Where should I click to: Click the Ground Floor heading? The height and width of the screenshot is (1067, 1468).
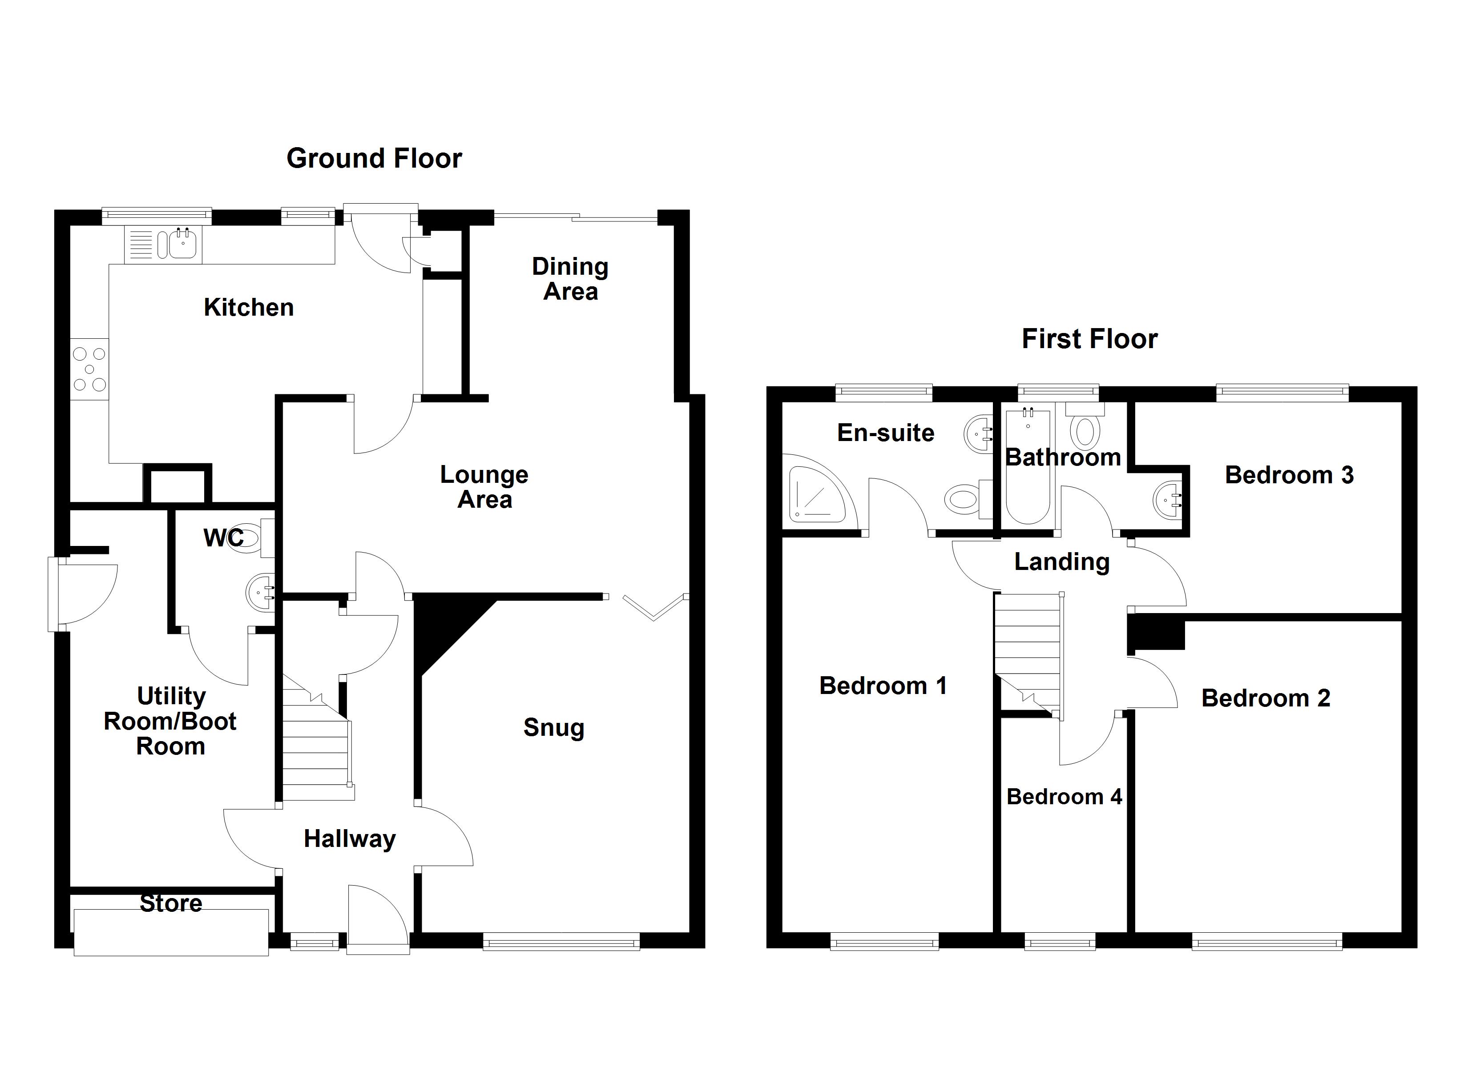[374, 159]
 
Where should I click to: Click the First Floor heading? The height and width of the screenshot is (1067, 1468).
[1089, 339]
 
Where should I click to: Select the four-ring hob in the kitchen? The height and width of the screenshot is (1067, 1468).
[89, 369]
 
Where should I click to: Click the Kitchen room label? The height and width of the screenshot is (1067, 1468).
[249, 307]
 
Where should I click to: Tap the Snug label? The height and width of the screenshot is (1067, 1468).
[553, 727]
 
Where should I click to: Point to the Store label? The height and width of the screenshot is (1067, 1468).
[171, 903]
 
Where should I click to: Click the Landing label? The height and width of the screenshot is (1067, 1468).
[1061, 562]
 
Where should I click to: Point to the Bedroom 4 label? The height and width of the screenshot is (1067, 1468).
[1064, 797]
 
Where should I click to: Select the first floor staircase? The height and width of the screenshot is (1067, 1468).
[1028, 654]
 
